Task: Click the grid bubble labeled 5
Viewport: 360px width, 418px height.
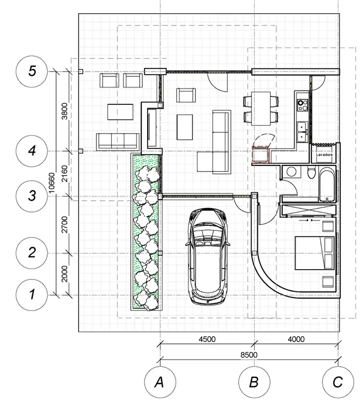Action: coord(32,72)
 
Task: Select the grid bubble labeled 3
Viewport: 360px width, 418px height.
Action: coord(32,196)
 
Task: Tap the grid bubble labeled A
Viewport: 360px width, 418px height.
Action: coord(160,382)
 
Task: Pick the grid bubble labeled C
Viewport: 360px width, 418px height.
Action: coord(338,382)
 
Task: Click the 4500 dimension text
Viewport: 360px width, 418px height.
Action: coord(207,339)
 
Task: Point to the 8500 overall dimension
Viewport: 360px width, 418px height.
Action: coord(249,355)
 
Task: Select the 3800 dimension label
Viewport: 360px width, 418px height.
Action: coord(65,111)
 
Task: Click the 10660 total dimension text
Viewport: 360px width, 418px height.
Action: coord(51,183)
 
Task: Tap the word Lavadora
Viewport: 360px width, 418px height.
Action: coord(324,155)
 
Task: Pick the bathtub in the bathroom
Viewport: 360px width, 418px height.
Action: coord(327,184)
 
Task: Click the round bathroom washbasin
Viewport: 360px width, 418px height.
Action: coord(291,172)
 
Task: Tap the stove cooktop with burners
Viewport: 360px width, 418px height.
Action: coord(302,105)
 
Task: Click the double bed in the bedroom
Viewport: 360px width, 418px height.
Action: coord(314,253)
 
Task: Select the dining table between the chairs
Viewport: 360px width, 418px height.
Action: coord(261,109)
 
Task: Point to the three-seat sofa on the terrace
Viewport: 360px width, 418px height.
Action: coord(118,141)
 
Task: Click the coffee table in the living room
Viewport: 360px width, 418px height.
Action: coord(185,127)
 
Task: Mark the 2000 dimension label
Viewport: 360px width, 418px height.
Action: coord(65,274)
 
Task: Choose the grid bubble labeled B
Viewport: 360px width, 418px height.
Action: coord(254,382)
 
